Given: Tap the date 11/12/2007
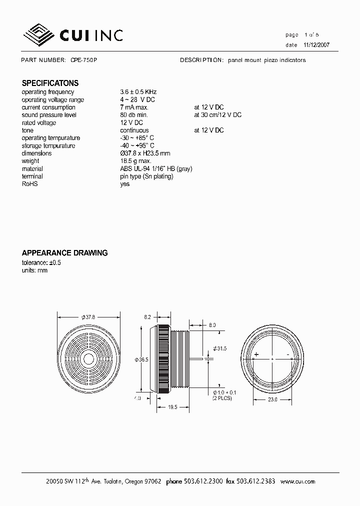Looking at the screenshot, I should (316, 45).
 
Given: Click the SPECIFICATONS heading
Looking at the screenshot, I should (50, 83).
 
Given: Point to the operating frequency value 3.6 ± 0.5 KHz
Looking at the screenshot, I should (138, 92).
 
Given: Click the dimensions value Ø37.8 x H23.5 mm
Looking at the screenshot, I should (145, 153).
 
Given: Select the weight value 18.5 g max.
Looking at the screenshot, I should (135, 161).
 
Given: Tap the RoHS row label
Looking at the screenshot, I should (29, 184).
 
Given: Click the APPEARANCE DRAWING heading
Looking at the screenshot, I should (64, 253).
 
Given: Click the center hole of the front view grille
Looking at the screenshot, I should (88, 358).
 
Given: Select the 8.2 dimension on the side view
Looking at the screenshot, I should (147, 317).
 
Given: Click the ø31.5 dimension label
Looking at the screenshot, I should (219, 348).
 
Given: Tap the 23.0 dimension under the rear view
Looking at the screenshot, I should (271, 400).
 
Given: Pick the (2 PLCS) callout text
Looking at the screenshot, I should (222, 398).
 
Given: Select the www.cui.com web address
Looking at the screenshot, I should (298, 481).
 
